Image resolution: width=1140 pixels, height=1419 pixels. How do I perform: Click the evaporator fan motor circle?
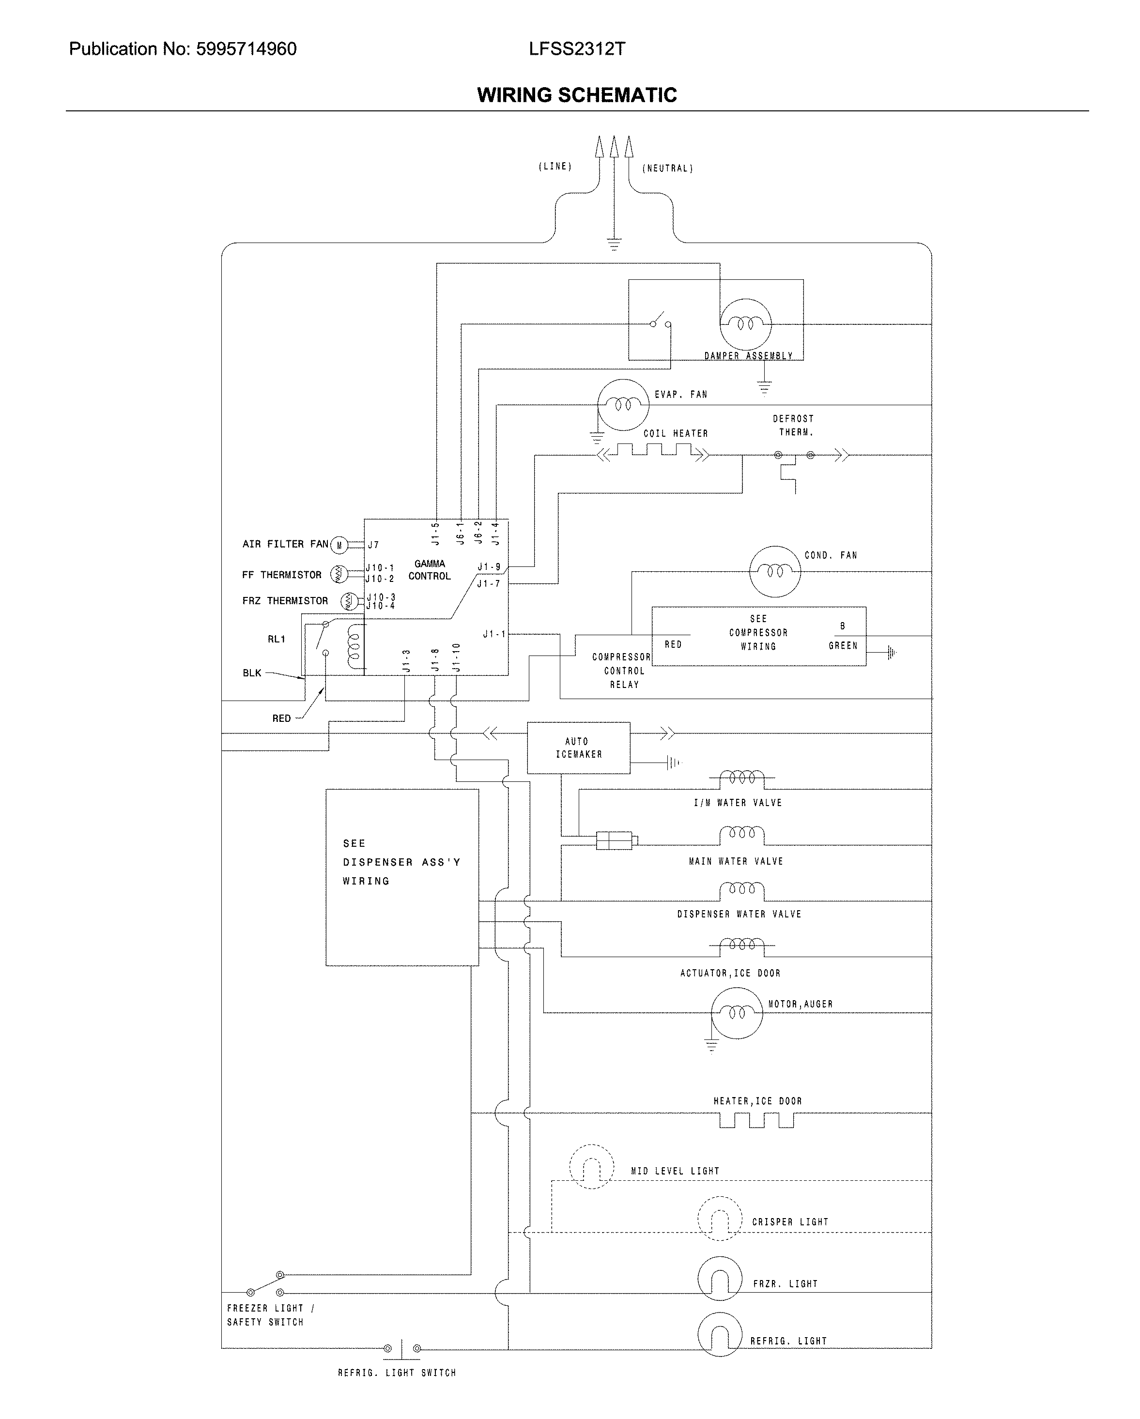point(623,405)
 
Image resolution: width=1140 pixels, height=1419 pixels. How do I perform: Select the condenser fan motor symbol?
point(775,571)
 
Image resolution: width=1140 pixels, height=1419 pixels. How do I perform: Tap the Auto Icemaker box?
point(578,748)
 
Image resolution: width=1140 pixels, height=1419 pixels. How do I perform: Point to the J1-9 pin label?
point(488,566)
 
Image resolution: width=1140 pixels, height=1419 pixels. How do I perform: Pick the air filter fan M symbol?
point(339,545)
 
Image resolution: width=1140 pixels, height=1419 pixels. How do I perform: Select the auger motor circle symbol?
point(737,1013)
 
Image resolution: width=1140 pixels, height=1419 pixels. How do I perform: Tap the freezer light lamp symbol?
point(720,1279)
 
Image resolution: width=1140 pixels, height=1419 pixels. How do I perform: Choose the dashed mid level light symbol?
point(591,1166)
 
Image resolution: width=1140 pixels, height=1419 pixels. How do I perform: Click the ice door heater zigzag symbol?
point(756,1119)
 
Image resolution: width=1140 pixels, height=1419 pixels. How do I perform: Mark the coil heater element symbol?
point(653,452)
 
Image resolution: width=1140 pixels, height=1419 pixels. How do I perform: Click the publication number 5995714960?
point(246,49)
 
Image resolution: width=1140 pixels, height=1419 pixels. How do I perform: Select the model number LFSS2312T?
point(577,49)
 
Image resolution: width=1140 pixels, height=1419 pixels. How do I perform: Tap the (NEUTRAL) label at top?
point(667,168)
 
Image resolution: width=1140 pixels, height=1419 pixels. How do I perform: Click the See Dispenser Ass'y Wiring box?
point(401,877)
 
